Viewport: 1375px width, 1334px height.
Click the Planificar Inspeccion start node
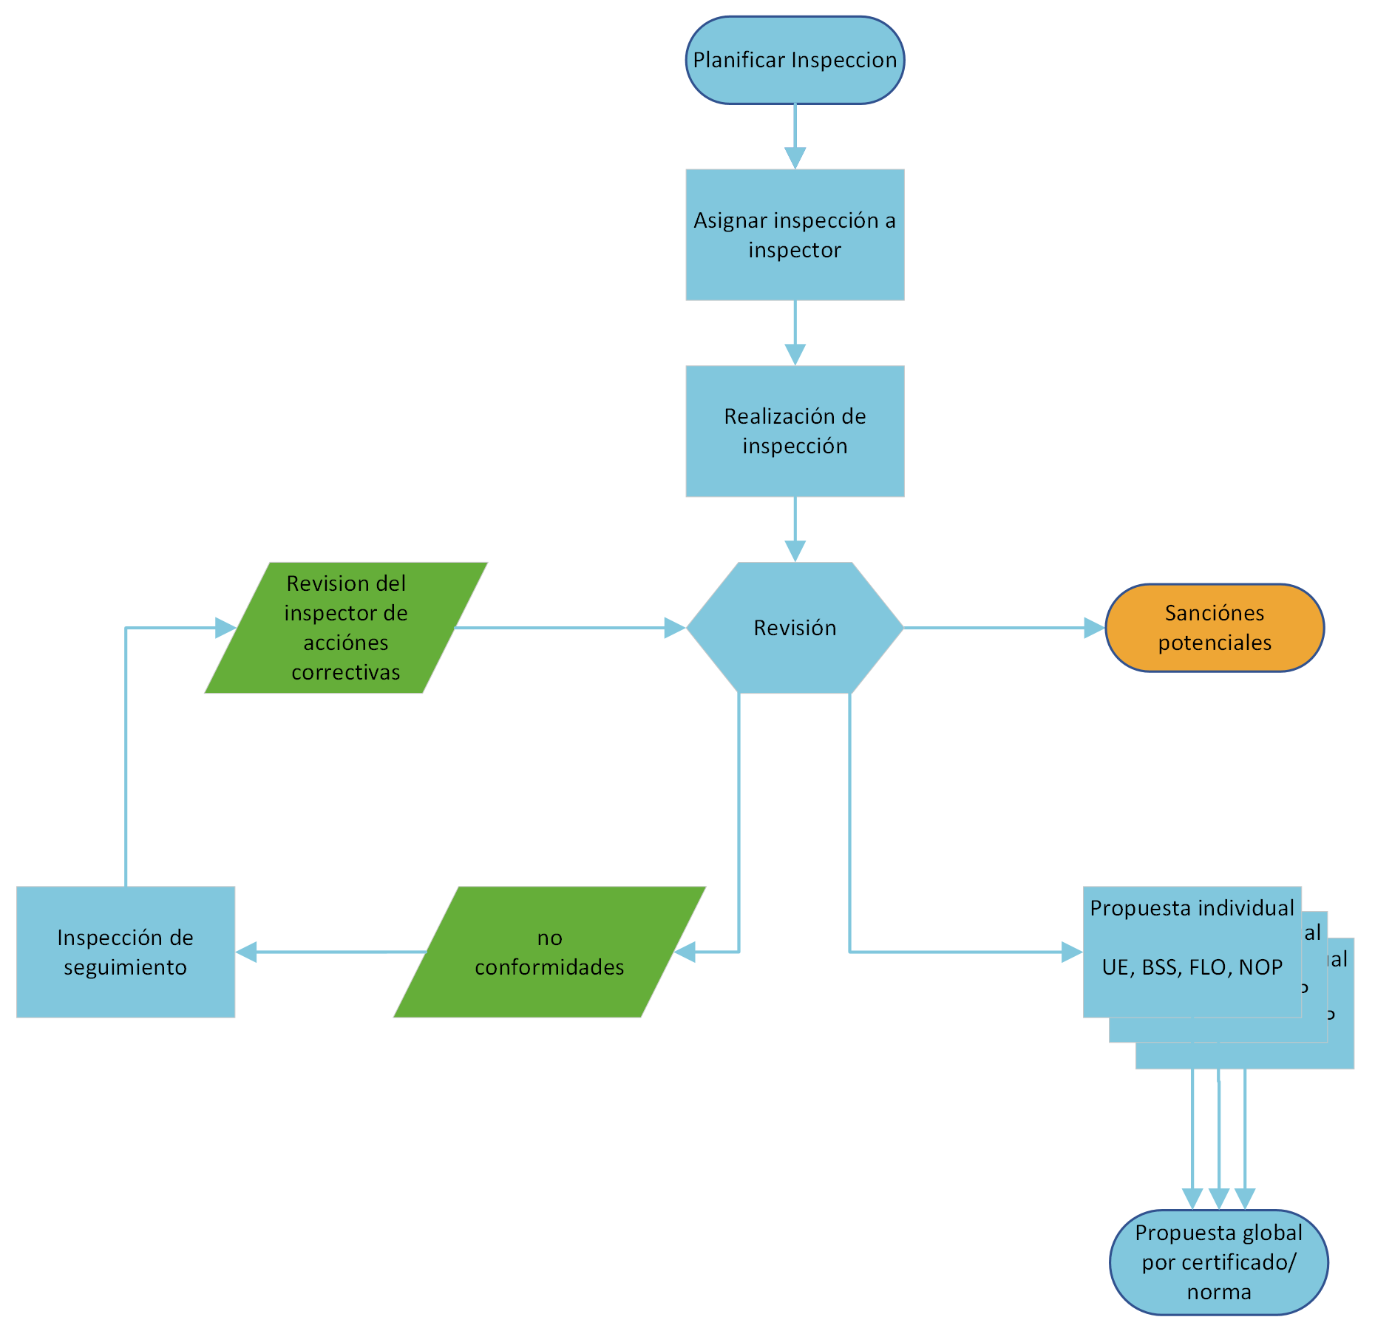pyautogui.click(x=795, y=60)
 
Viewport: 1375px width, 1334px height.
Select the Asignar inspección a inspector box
pyautogui.click(x=795, y=234)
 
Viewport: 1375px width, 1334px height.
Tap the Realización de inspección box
pyautogui.click(x=795, y=431)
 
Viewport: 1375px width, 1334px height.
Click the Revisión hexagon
pyautogui.click(x=795, y=628)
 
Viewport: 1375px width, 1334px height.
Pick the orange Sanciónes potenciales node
pyautogui.click(x=1215, y=628)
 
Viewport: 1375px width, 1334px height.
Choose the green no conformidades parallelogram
pyautogui.click(x=549, y=952)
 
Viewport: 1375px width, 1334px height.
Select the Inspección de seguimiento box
pyautogui.click(x=126, y=952)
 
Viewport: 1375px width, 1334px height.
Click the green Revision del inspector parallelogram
pyautogui.click(x=346, y=628)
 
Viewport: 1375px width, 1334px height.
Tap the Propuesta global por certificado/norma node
pyautogui.click(x=1219, y=1262)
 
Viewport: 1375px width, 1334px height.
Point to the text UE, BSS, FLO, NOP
pyautogui.click(x=1192, y=968)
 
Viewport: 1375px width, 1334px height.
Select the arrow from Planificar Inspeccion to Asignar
pyautogui.click(x=795, y=137)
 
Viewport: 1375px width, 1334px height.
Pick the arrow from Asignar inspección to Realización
pyautogui.click(x=795, y=333)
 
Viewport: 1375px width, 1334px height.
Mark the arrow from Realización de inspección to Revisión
pyautogui.click(x=795, y=529)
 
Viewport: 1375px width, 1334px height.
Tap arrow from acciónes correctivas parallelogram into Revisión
pyautogui.click(x=569, y=628)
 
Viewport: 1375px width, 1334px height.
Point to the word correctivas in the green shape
pyautogui.click(x=346, y=672)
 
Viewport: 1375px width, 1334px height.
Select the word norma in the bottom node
pyautogui.click(x=1219, y=1292)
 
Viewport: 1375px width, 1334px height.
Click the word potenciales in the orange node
pyautogui.click(x=1215, y=643)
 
